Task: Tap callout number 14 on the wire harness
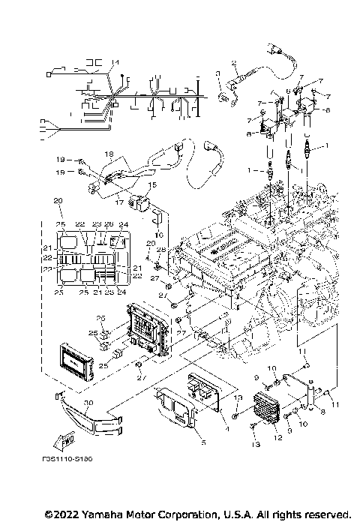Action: click(x=115, y=61)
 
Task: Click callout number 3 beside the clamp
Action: click(x=217, y=73)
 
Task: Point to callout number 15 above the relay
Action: click(x=151, y=184)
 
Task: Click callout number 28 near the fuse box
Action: click(x=160, y=249)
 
